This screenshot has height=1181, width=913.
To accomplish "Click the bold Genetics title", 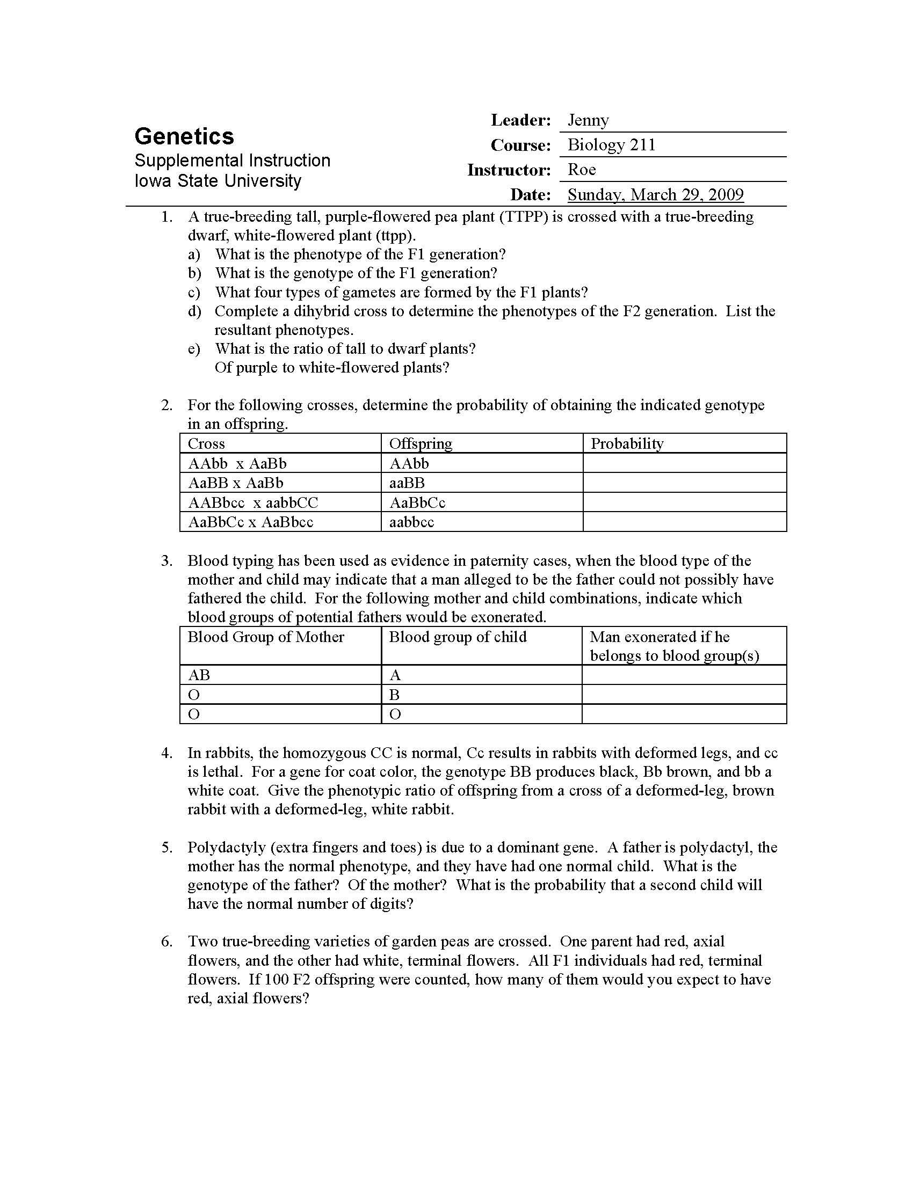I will (x=184, y=136).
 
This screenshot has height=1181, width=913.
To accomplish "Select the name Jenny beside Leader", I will (x=588, y=120).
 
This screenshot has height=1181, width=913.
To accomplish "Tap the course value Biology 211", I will (x=611, y=145).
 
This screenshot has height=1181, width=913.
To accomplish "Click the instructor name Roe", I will (x=582, y=170).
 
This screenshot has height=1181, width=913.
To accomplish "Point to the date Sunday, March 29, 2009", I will (x=656, y=195).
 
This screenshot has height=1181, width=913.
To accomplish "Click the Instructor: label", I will (x=509, y=170).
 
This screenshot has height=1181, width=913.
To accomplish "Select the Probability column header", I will (x=627, y=443).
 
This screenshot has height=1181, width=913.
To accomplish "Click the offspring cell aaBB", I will (x=407, y=483).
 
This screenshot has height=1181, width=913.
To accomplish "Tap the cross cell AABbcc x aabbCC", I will (x=253, y=502).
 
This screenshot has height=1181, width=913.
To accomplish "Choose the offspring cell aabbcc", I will (x=411, y=522).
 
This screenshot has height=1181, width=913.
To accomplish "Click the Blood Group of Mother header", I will (x=265, y=637).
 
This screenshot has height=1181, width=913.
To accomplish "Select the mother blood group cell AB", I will (x=199, y=675).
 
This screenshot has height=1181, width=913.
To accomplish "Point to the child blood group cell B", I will (x=394, y=694).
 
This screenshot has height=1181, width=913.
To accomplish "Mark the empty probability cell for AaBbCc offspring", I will (x=684, y=502).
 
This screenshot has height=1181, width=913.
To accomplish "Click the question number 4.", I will (x=166, y=753).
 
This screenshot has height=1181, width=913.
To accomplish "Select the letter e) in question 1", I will (x=194, y=349).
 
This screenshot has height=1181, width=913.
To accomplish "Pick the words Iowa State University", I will (x=218, y=180).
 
